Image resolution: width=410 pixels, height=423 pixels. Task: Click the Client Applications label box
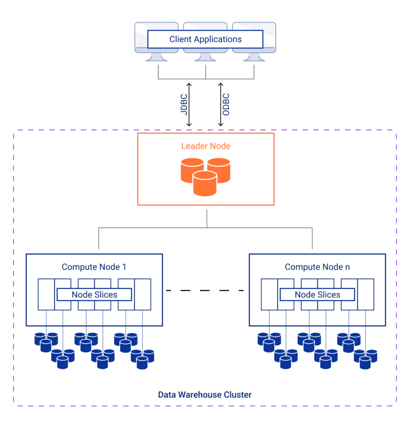(205, 40)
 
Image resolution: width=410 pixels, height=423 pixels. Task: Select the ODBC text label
(226, 105)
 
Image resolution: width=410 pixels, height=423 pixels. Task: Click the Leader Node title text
(205, 146)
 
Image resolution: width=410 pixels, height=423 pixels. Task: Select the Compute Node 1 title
(94, 267)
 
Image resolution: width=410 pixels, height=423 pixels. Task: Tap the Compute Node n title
(317, 267)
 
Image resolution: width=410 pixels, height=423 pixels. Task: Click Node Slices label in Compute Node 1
(94, 295)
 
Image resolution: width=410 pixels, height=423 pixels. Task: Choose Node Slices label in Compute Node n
(317, 295)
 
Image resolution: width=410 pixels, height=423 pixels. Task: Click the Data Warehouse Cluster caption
(205, 395)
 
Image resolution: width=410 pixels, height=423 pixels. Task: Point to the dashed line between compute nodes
(205, 290)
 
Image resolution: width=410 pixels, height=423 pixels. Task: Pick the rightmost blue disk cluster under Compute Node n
(365, 359)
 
